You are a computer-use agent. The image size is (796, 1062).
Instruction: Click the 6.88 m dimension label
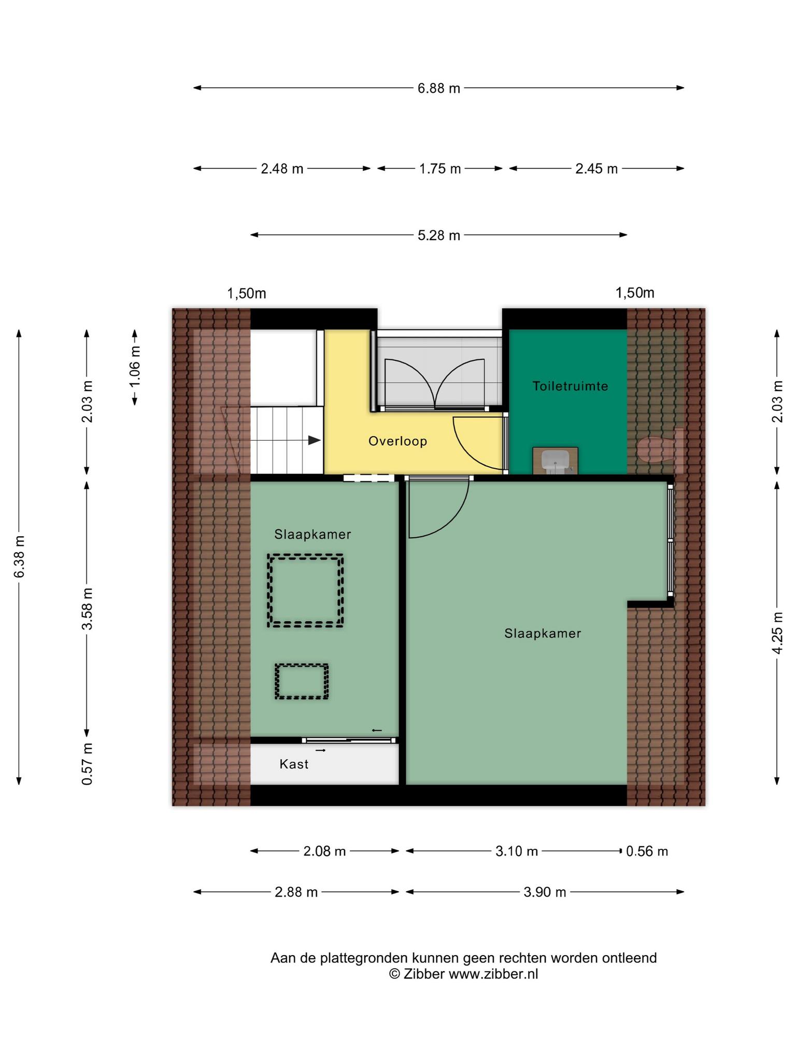point(439,88)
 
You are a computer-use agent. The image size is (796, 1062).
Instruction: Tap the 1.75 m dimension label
point(440,169)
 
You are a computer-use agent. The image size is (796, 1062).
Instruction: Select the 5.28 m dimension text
point(439,235)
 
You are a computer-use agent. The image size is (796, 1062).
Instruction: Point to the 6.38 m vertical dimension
point(19,556)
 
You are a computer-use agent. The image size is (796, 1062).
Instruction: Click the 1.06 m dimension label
point(135,366)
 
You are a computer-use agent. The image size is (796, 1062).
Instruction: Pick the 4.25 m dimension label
point(777,633)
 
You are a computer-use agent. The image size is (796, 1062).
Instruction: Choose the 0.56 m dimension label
point(647,851)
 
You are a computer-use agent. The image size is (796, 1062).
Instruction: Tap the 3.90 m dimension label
point(544,892)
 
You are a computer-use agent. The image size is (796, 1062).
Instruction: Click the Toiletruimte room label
point(570,386)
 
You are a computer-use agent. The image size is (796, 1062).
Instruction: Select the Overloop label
point(397,441)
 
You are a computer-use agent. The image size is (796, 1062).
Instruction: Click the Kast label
point(294,764)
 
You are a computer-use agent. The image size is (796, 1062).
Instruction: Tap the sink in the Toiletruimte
point(555,460)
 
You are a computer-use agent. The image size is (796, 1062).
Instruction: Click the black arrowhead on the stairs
point(314,440)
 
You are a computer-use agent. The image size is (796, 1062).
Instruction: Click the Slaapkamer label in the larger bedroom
point(543,633)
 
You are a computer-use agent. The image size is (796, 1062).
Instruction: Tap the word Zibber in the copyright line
point(424,974)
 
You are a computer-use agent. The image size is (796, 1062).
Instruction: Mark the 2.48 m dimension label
point(282,169)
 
